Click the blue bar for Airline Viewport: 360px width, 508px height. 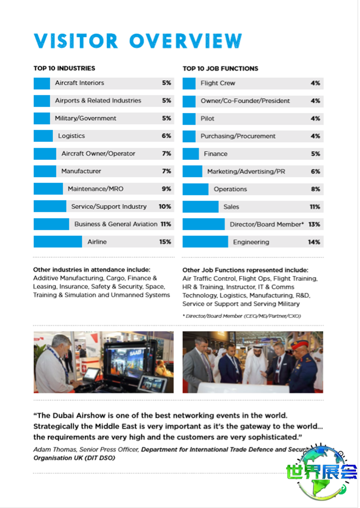click(x=58, y=242)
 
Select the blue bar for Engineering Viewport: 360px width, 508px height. click(x=205, y=242)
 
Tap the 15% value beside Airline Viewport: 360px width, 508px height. click(x=165, y=242)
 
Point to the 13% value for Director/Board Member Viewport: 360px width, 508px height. click(x=314, y=224)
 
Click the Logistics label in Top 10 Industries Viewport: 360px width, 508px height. click(x=71, y=136)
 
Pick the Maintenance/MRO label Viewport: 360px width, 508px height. click(x=95, y=189)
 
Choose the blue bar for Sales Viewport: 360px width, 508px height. click(x=200, y=207)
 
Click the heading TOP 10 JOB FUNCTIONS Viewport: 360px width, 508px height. click(x=220, y=68)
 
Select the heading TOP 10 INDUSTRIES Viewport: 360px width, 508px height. click(x=64, y=68)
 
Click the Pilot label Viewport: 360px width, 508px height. click(x=207, y=118)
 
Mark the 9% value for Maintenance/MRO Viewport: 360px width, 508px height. click(x=166, y=189)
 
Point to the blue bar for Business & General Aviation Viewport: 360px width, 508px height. click(x=51, y=224)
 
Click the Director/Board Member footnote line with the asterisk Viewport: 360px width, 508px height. click(x=242, y=316)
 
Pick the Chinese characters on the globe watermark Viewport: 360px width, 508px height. click(x=321, y=472)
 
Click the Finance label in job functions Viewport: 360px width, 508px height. click(x=216, y=154)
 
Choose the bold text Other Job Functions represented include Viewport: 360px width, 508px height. click(x=245, y=270)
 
